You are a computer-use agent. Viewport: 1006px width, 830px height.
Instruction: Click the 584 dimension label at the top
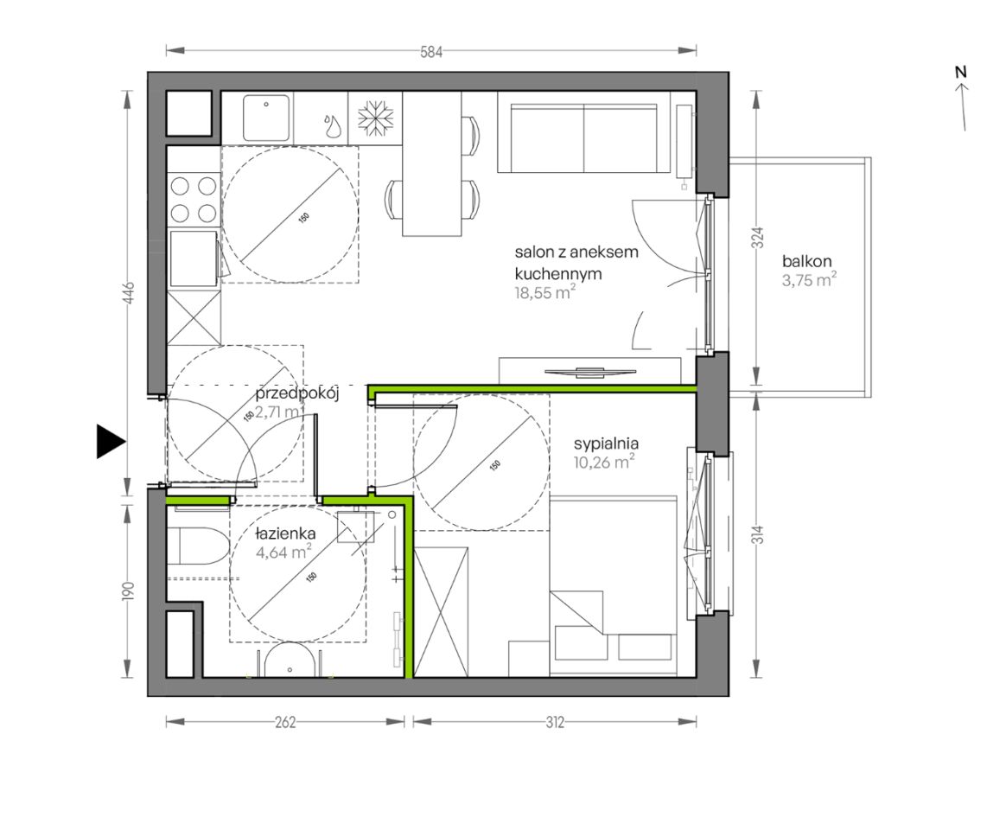coord(431,52)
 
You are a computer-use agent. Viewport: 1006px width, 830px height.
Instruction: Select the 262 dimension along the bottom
coord(285,722)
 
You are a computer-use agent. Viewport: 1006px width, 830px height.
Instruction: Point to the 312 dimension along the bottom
coord(555,722)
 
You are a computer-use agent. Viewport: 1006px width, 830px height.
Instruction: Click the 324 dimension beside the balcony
coord(758,238)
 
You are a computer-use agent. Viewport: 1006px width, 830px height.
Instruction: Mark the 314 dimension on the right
coord(758,534)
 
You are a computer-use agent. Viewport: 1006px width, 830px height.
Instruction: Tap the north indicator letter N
coord(960,72)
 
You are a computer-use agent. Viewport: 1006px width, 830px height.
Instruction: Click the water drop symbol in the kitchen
coord(332,126)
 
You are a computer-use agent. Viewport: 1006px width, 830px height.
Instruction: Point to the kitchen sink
coord(265,118)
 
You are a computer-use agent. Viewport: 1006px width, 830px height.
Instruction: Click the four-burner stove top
coord(193,199)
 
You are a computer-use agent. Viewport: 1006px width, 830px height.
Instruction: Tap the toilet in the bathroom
coord(198,546)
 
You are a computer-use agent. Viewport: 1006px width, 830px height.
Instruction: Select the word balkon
coord(806,261)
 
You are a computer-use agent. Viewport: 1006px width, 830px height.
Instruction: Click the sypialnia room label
coord(607,444)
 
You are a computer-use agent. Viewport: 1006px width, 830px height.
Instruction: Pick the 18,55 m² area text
coord(544,293)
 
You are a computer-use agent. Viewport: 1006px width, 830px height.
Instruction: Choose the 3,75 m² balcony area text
coord(809,280)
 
